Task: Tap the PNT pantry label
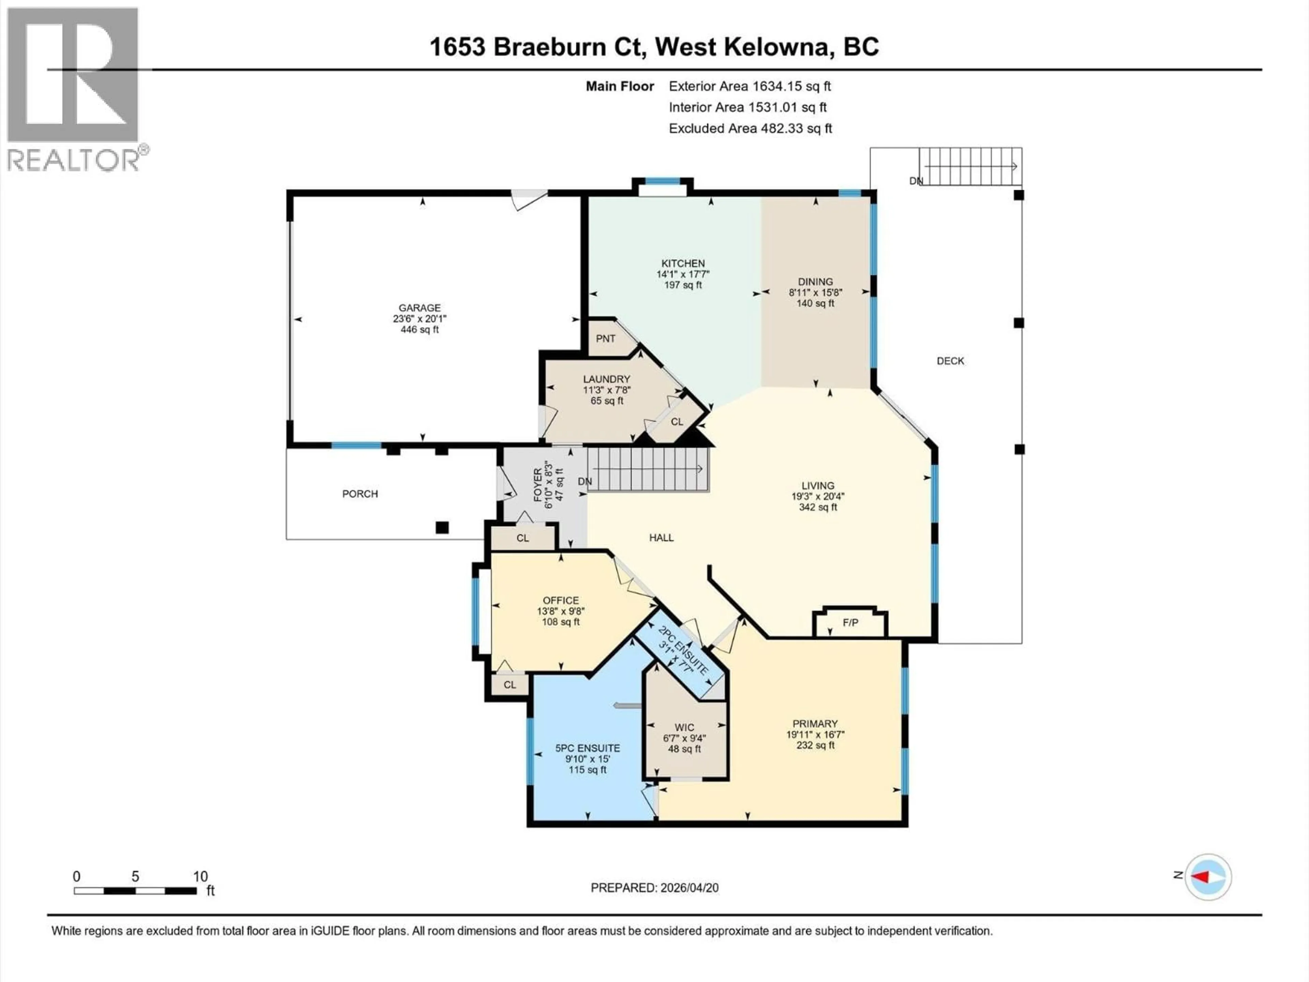[x=605, y=339]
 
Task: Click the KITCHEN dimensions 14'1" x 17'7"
[x=682, y=274]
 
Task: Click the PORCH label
[x=360, y=494]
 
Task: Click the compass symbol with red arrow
[x=1207, y=877]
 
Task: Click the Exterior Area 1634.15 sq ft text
[x=749, y=86]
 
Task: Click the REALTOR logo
[x=74, y=89]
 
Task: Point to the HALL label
[x=661, y=537]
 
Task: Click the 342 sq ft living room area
[x=818, y=507]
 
